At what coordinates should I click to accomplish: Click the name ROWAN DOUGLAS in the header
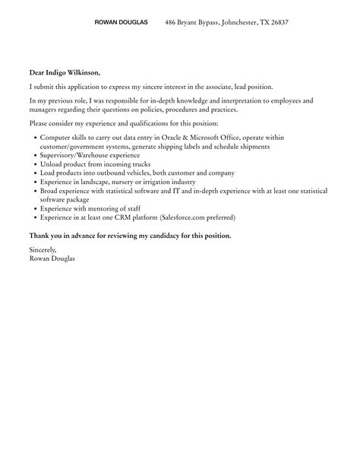[x=121, y=23]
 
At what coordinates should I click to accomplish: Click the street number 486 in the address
[x=172, y=23]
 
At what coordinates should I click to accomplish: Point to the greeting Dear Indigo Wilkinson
[x=65, y=73]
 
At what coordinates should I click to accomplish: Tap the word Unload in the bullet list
[x=50, y=164]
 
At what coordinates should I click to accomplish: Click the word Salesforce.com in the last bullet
[x=182, y=217]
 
